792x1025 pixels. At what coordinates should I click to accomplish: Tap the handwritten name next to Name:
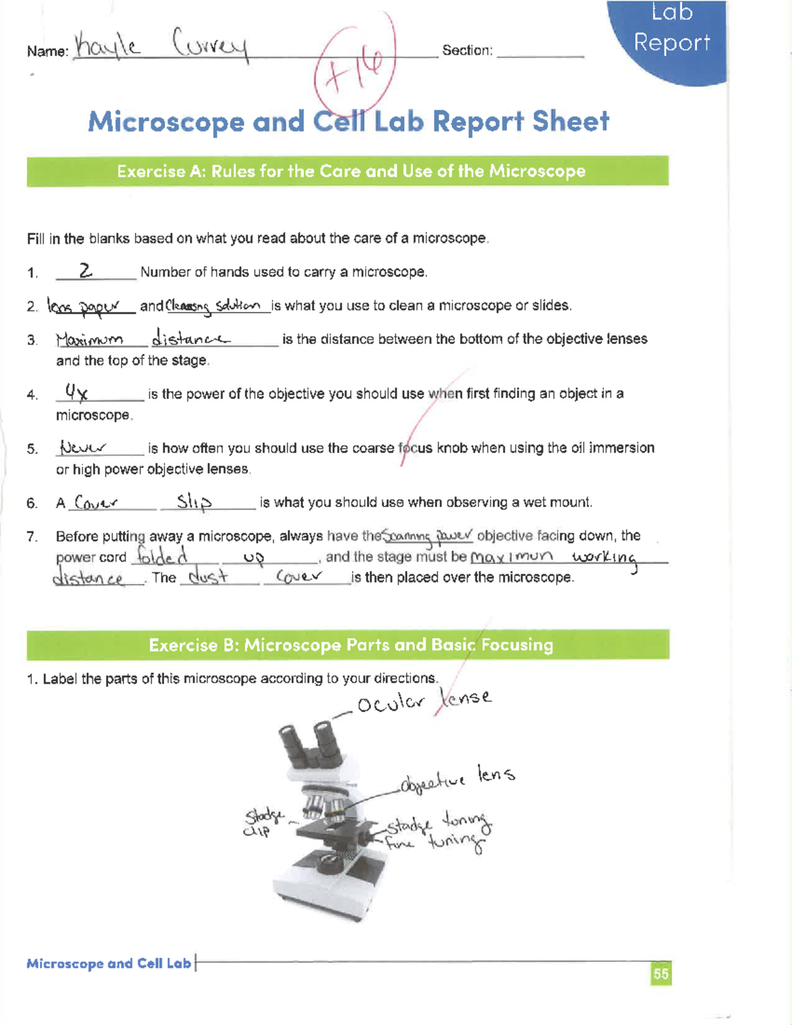[162, 46]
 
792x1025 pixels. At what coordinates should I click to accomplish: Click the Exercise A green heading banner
[348, 171]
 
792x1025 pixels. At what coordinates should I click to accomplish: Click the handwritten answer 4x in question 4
[76, 393]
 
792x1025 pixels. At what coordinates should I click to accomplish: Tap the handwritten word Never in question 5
[82, 447]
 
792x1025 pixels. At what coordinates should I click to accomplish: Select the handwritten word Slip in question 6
[194, 502]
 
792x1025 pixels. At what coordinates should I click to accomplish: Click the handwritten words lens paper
[84, 306]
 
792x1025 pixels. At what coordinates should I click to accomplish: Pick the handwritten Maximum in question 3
[90, 339]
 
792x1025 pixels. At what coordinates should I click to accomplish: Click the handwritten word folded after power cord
[162, 556]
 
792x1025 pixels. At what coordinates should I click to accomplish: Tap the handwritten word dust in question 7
[208, 577]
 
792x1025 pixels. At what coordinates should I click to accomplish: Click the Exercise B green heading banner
[348, 645]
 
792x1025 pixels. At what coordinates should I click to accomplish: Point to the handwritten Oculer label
[391, 704]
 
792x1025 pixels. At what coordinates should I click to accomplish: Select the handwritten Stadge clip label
[263, 822]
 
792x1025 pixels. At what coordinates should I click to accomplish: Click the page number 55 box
[661, 974]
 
